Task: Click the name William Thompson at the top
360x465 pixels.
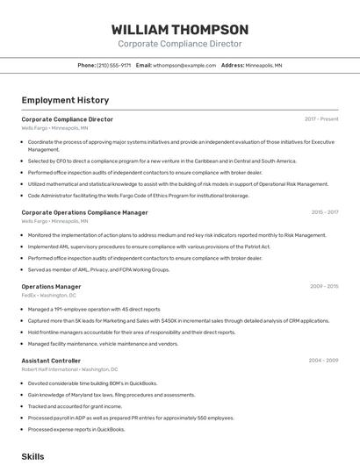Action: tap(179, 29)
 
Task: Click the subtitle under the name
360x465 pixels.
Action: tap(179, 44)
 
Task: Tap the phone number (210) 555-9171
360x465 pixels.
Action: tap(114, 66)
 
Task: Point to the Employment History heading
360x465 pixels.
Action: tap(65, 100)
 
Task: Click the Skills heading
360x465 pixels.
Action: tap(32, 457)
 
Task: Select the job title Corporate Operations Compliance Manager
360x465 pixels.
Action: tap(84, 212)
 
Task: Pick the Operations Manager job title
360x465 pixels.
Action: tap(51, 286)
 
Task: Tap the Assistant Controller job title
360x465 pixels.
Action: tap(51, 361)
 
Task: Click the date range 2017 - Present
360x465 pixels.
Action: tap(321, 119)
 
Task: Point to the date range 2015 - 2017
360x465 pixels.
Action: tap(325, 212)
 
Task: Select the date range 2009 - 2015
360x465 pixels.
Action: tap(324, 286)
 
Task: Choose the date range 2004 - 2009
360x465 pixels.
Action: tap(324, 361)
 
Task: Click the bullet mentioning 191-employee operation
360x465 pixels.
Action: tap(94, 310)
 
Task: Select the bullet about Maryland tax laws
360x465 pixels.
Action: tap(112, 395)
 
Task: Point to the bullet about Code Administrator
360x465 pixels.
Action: tap(139, 196)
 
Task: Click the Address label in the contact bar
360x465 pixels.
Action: tap(232, 66)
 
